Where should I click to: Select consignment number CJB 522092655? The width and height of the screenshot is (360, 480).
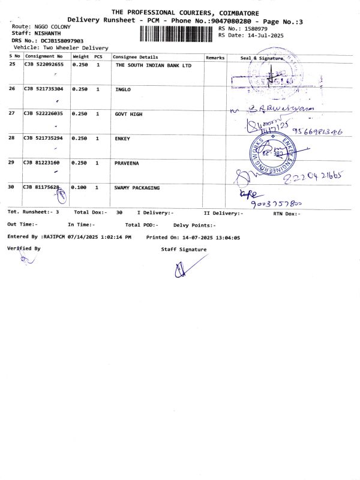click(43, 64)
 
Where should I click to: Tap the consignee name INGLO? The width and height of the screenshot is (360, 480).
click(123, 89)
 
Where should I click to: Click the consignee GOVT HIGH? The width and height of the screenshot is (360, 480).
click(128, 113)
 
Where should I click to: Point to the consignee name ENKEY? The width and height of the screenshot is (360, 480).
click(123, 139)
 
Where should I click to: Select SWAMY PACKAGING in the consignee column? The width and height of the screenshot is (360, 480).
click(137, 188)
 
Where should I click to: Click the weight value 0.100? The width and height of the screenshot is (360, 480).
click(79, 188)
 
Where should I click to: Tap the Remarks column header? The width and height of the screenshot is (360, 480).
click(215, 58)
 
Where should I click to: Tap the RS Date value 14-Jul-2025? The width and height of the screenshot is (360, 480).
click(260, 36)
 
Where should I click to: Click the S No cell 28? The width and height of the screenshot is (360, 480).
click(13, 139)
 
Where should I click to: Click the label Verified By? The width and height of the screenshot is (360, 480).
click(24, 248)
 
